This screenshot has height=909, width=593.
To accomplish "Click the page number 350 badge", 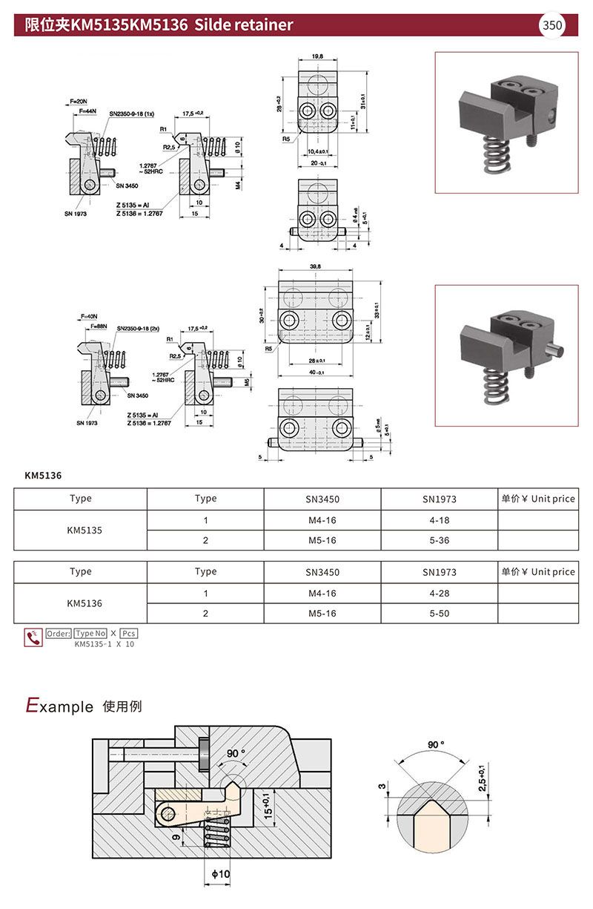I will pyautogui.click(x=553, y=26).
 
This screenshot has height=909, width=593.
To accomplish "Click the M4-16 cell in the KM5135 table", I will pyautogui.click(x=322, y=520).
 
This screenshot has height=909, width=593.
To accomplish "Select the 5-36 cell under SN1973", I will pyautogui.click(x=439, y=540).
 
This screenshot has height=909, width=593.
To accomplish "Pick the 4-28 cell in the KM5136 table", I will pyautogui.click(x=439, y=594).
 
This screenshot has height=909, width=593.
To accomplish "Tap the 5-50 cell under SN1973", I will pyautogui.click(x=439, y=614).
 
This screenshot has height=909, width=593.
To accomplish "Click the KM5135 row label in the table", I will pyautogui.click(x=80, y=530).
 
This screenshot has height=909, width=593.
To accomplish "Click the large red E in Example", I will pyautogui.click(x=32, y=706).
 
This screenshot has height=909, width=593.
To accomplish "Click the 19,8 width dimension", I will pyautogui.click(x=317, y=56).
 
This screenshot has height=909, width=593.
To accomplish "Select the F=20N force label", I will pyautogui.click(x=79, y=101).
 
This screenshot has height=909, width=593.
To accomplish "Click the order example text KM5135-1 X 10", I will pyautogui.click(x=105, y=644).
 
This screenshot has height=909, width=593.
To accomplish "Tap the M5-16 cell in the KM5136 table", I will pyautogui.click(x=322, y=614).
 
